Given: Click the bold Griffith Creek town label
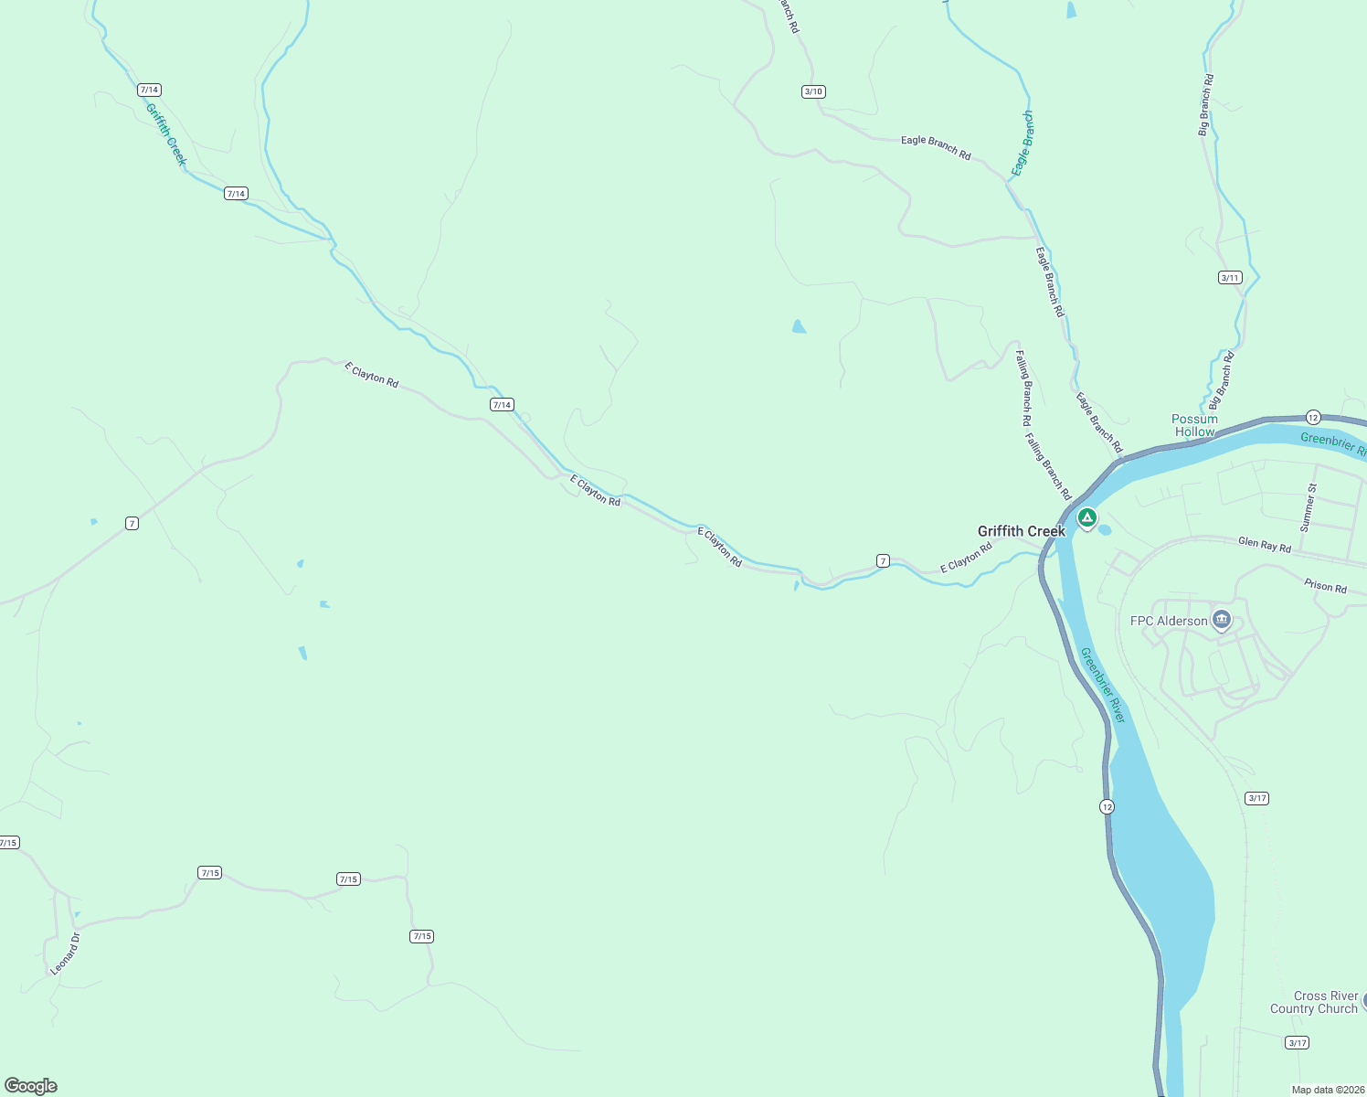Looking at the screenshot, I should [x=1021, y=531].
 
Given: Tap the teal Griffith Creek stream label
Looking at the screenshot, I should [x=165, y=133].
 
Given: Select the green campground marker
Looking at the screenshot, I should [x=1086, y=518].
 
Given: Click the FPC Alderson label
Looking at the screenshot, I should [x=1169, y=621].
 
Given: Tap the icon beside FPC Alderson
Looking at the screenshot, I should [x=1222, y=621].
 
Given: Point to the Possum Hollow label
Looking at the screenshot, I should [x=1194, y=425].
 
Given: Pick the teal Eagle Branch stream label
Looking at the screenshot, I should [x=1023, y=144].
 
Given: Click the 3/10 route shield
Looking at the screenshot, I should [x=813, y=91].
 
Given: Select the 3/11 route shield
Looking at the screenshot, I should [x=1230, y=278].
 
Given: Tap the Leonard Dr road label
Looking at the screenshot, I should [x=65, y=953].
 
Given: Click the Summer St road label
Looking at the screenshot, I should [x=1309, y=508].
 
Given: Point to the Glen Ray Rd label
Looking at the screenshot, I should [x=1265, y=545].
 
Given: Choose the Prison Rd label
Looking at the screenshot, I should [x=1325, y=586].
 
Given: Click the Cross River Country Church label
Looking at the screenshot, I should [x=1314, y=1002].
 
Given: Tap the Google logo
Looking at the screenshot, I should [x=31, y=1086].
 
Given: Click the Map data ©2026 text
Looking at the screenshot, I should [x=1327, y=1090].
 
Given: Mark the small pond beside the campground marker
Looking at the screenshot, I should [x=1104, y=530].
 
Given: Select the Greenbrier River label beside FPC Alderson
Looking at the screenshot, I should [x=1103, y=685].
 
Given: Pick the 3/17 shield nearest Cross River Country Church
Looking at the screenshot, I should [x=1297, y=1042].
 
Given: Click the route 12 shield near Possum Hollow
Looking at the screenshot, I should [x=1313, y=417].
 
